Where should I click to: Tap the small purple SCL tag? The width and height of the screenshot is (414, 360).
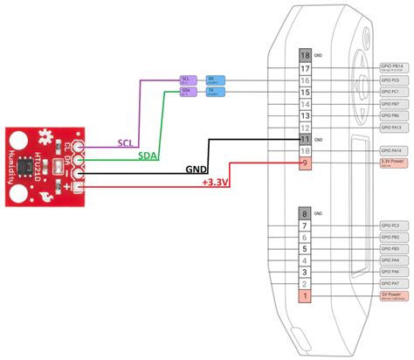click(186, 79)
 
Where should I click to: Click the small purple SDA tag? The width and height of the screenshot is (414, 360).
click(186, 91)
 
